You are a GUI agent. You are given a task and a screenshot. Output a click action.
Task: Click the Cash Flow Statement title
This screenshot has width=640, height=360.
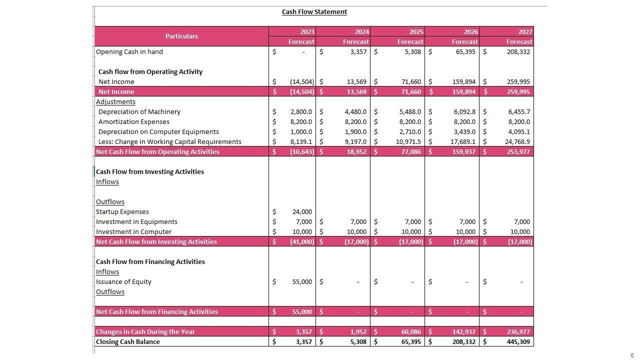[x=314, y=11]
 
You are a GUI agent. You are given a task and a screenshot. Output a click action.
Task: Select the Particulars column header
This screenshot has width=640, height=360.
[x=181, y=36]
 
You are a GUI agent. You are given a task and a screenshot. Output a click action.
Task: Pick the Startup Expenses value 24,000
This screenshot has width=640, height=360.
[x=302, y=211]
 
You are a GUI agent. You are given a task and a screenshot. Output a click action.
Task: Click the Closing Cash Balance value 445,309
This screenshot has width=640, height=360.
[x=518, y=341]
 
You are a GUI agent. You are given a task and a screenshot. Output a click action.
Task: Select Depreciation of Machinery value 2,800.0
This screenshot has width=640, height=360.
[x=301, y=111]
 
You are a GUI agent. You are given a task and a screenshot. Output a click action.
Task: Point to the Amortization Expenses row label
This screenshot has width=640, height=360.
[x=134, y=121]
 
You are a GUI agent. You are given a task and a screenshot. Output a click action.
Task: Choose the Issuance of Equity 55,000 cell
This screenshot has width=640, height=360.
[x=302, y=281]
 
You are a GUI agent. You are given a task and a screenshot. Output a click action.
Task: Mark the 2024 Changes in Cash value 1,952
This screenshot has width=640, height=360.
[x=356, y=331]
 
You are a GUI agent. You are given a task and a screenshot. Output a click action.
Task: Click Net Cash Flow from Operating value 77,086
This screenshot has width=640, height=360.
[x=410, y=151]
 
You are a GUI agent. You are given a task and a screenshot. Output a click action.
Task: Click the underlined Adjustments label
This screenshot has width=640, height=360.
[x=115, y=101]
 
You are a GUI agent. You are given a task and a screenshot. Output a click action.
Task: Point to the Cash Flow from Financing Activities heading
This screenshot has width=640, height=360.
[x=150, y=261]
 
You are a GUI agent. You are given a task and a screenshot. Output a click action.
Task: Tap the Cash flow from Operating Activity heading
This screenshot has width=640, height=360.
[x=150, y=71]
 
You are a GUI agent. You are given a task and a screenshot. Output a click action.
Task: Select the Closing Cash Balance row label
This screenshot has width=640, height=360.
[x=128, y=341]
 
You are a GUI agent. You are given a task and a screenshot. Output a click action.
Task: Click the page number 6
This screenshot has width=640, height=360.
[x=632, y=355]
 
